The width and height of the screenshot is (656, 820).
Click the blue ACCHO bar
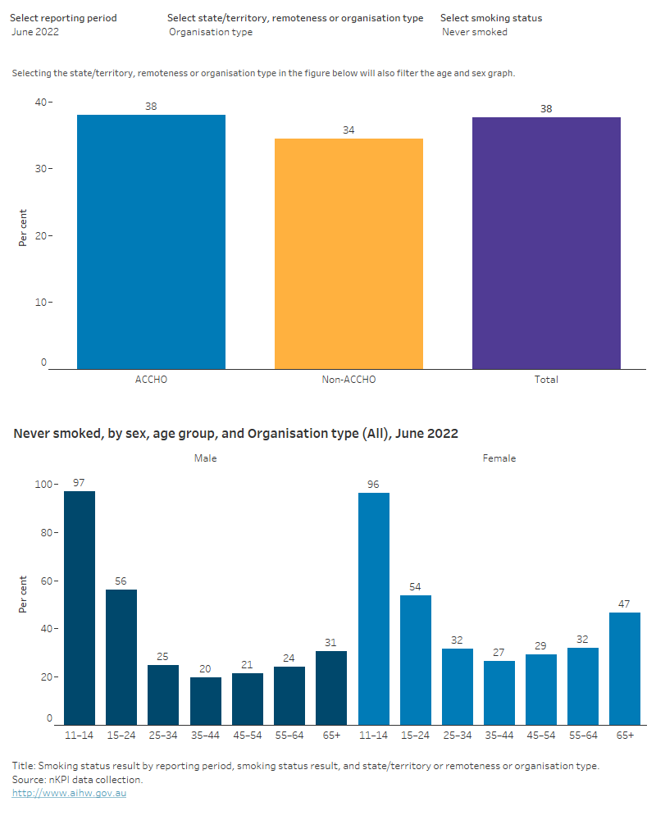pyautogui.click(x=151, y=242)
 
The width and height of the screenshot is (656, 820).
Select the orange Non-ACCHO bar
pyautogui.click(x=348, y=254)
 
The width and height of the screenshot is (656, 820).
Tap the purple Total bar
pyautogui.click(x=546, y=244)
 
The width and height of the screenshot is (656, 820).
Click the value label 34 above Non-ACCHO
pyautogui.click(x=348, y=130)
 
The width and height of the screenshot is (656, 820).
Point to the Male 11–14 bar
pyautogui.click(x=80, y=608)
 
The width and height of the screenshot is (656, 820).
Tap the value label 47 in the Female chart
pyautogui.click(x=625, y=604)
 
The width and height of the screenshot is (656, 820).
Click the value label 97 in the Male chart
pyautogui.click(x=80, y=482)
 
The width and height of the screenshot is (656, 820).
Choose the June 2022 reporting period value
pyautogui.click(x=35, y=32)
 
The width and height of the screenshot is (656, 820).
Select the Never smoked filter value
pyautogui.click(x=475, y=32)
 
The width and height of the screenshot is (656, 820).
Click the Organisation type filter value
pyautogui.click(x=211, y=32)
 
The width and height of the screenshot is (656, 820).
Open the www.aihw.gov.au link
pyautogui.click(x=69, y=793)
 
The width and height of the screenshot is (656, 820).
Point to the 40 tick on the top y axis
pyautogui.click(x=40, y=102)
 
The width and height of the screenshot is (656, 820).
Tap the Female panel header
pyautogui.click(x=499, y=458)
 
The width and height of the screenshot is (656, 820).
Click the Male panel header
pyautogui.click(x=205, y=458)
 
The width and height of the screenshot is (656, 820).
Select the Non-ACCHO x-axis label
pyautogui.click(x=348, y=380)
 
